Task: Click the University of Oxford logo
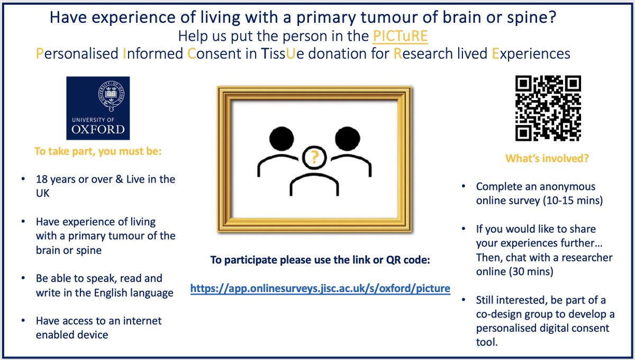pyautogui.click(x=98, y=108)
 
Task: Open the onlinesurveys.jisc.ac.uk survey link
pyautogui.click(x=320, y=289)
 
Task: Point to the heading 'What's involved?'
pyautogui.click(x=547, y=158)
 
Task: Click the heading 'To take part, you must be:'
pyautogui.click(x=98, y=151)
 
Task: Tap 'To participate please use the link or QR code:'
pyautogui.click(x=320, y=260)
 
